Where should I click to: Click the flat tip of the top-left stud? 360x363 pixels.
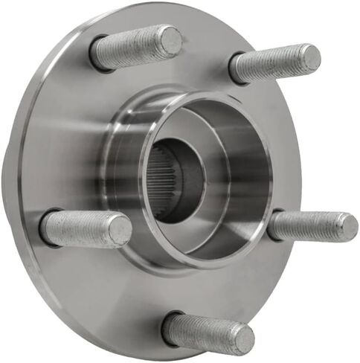170,40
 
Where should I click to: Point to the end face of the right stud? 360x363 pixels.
344,226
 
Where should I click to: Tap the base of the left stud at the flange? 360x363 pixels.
48,227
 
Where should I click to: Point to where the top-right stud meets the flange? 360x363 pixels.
237,69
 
